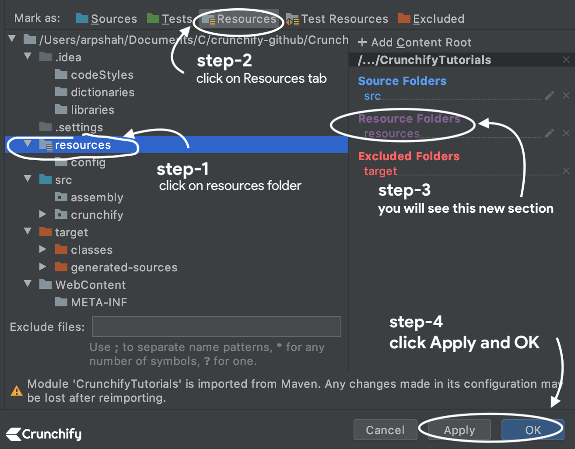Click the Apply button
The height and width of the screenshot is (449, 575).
(459, 430)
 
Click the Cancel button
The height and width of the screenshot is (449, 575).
(385, 430)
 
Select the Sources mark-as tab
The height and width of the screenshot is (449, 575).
(107, 19)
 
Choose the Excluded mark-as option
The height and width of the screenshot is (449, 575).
(431, 19)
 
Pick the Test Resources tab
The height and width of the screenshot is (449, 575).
(337, 19)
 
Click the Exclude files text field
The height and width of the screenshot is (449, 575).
(216, 326)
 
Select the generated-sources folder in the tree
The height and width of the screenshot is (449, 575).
(124, 267)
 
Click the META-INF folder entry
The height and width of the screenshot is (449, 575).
(99, 302)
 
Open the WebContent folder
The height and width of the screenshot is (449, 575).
(90, 285)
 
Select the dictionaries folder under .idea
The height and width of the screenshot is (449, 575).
(102, 92)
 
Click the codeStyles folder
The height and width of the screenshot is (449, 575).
(102, 75)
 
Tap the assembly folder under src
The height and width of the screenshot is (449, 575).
(97, 197)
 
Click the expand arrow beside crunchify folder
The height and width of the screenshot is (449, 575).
(42, 214)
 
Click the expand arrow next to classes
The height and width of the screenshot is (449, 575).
(42, 249)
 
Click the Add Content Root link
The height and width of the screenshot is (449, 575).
(415, 42)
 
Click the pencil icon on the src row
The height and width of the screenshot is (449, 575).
(550, 96)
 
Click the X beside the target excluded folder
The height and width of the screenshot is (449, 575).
(566, 171)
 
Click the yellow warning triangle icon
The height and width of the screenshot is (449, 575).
(17, 391)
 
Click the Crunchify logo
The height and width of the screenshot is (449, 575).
(44, 434)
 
